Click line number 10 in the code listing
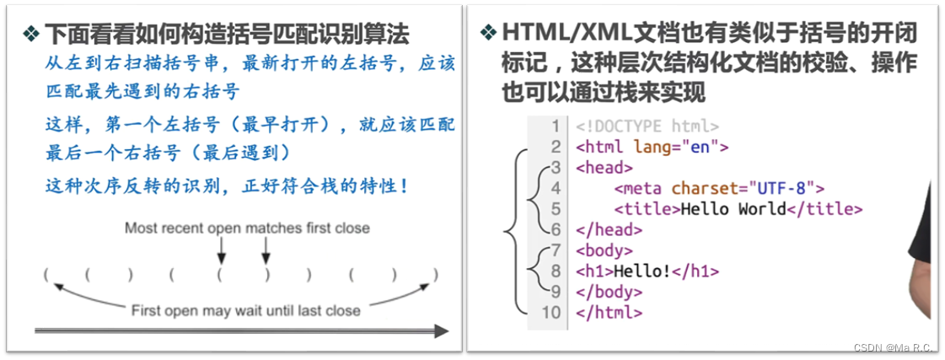point(551,313)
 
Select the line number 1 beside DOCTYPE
point(556,126)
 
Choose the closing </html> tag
point(609,313)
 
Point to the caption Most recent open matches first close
point(247,228)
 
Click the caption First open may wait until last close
point(245,310)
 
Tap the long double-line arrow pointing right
point(240,331)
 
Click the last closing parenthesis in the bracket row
point(435,274)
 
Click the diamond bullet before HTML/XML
point(488,33)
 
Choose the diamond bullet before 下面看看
point(31,34)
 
